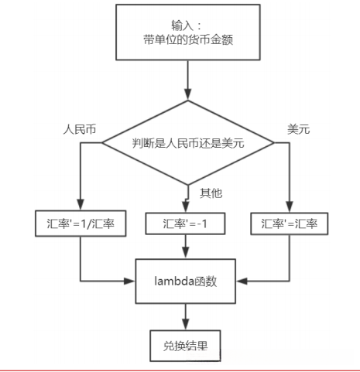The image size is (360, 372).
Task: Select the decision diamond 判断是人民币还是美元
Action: point(188,142)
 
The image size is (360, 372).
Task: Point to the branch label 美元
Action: point(298,129)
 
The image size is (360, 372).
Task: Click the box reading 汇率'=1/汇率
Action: point(80,223)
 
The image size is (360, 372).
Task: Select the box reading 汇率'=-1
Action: point(186,223)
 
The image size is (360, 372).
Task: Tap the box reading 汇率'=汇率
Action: point(289,223)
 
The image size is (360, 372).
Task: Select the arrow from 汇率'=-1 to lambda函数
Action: point(186,246)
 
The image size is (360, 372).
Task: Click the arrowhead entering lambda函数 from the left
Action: point(132,278)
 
